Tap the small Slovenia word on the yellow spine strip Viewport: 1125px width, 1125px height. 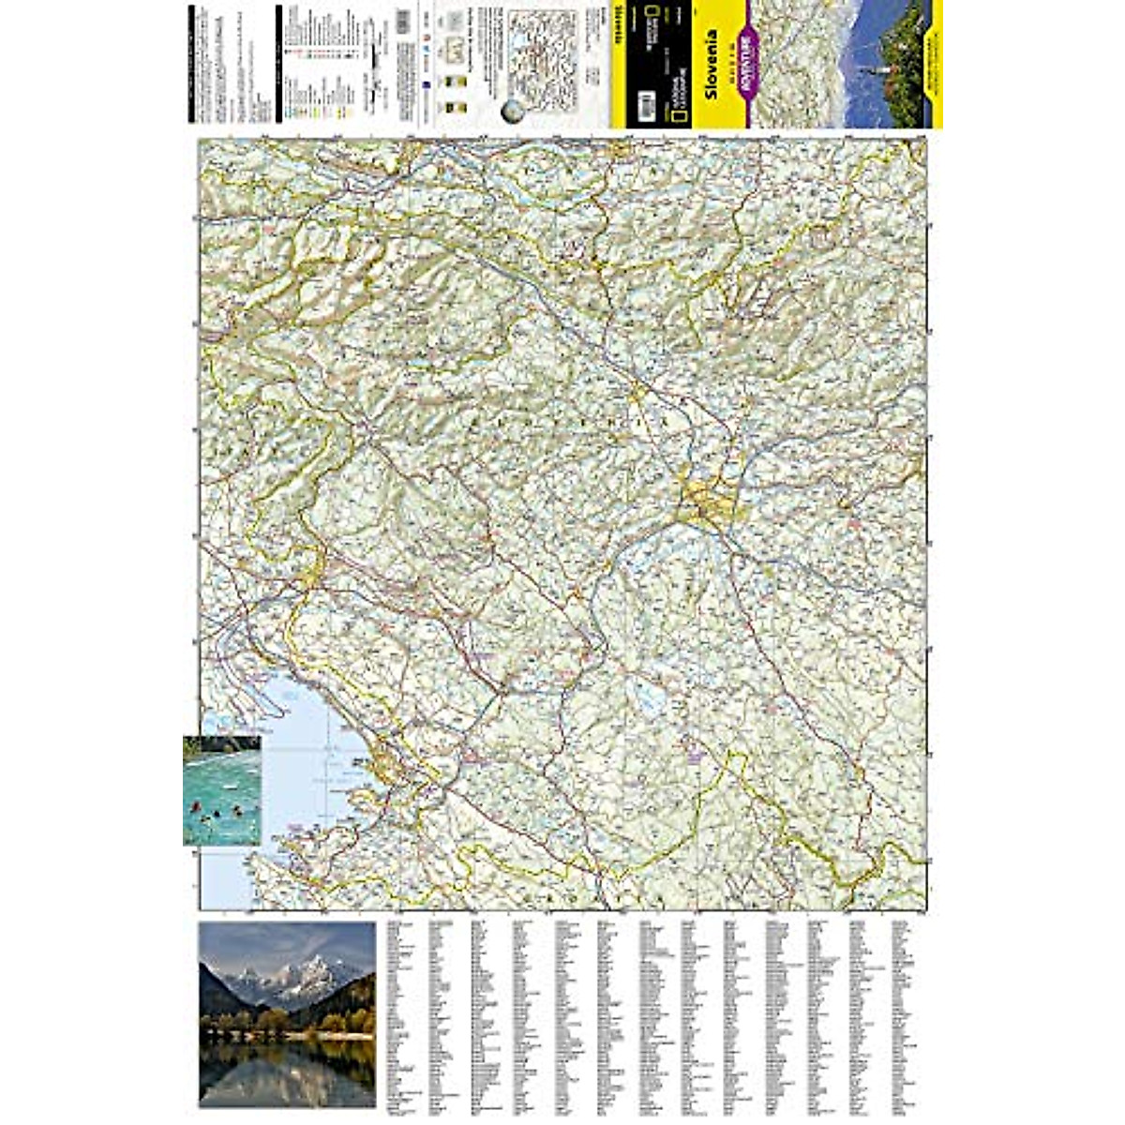(x=619, y=37)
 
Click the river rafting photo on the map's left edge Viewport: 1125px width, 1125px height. (x=222, y=789)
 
